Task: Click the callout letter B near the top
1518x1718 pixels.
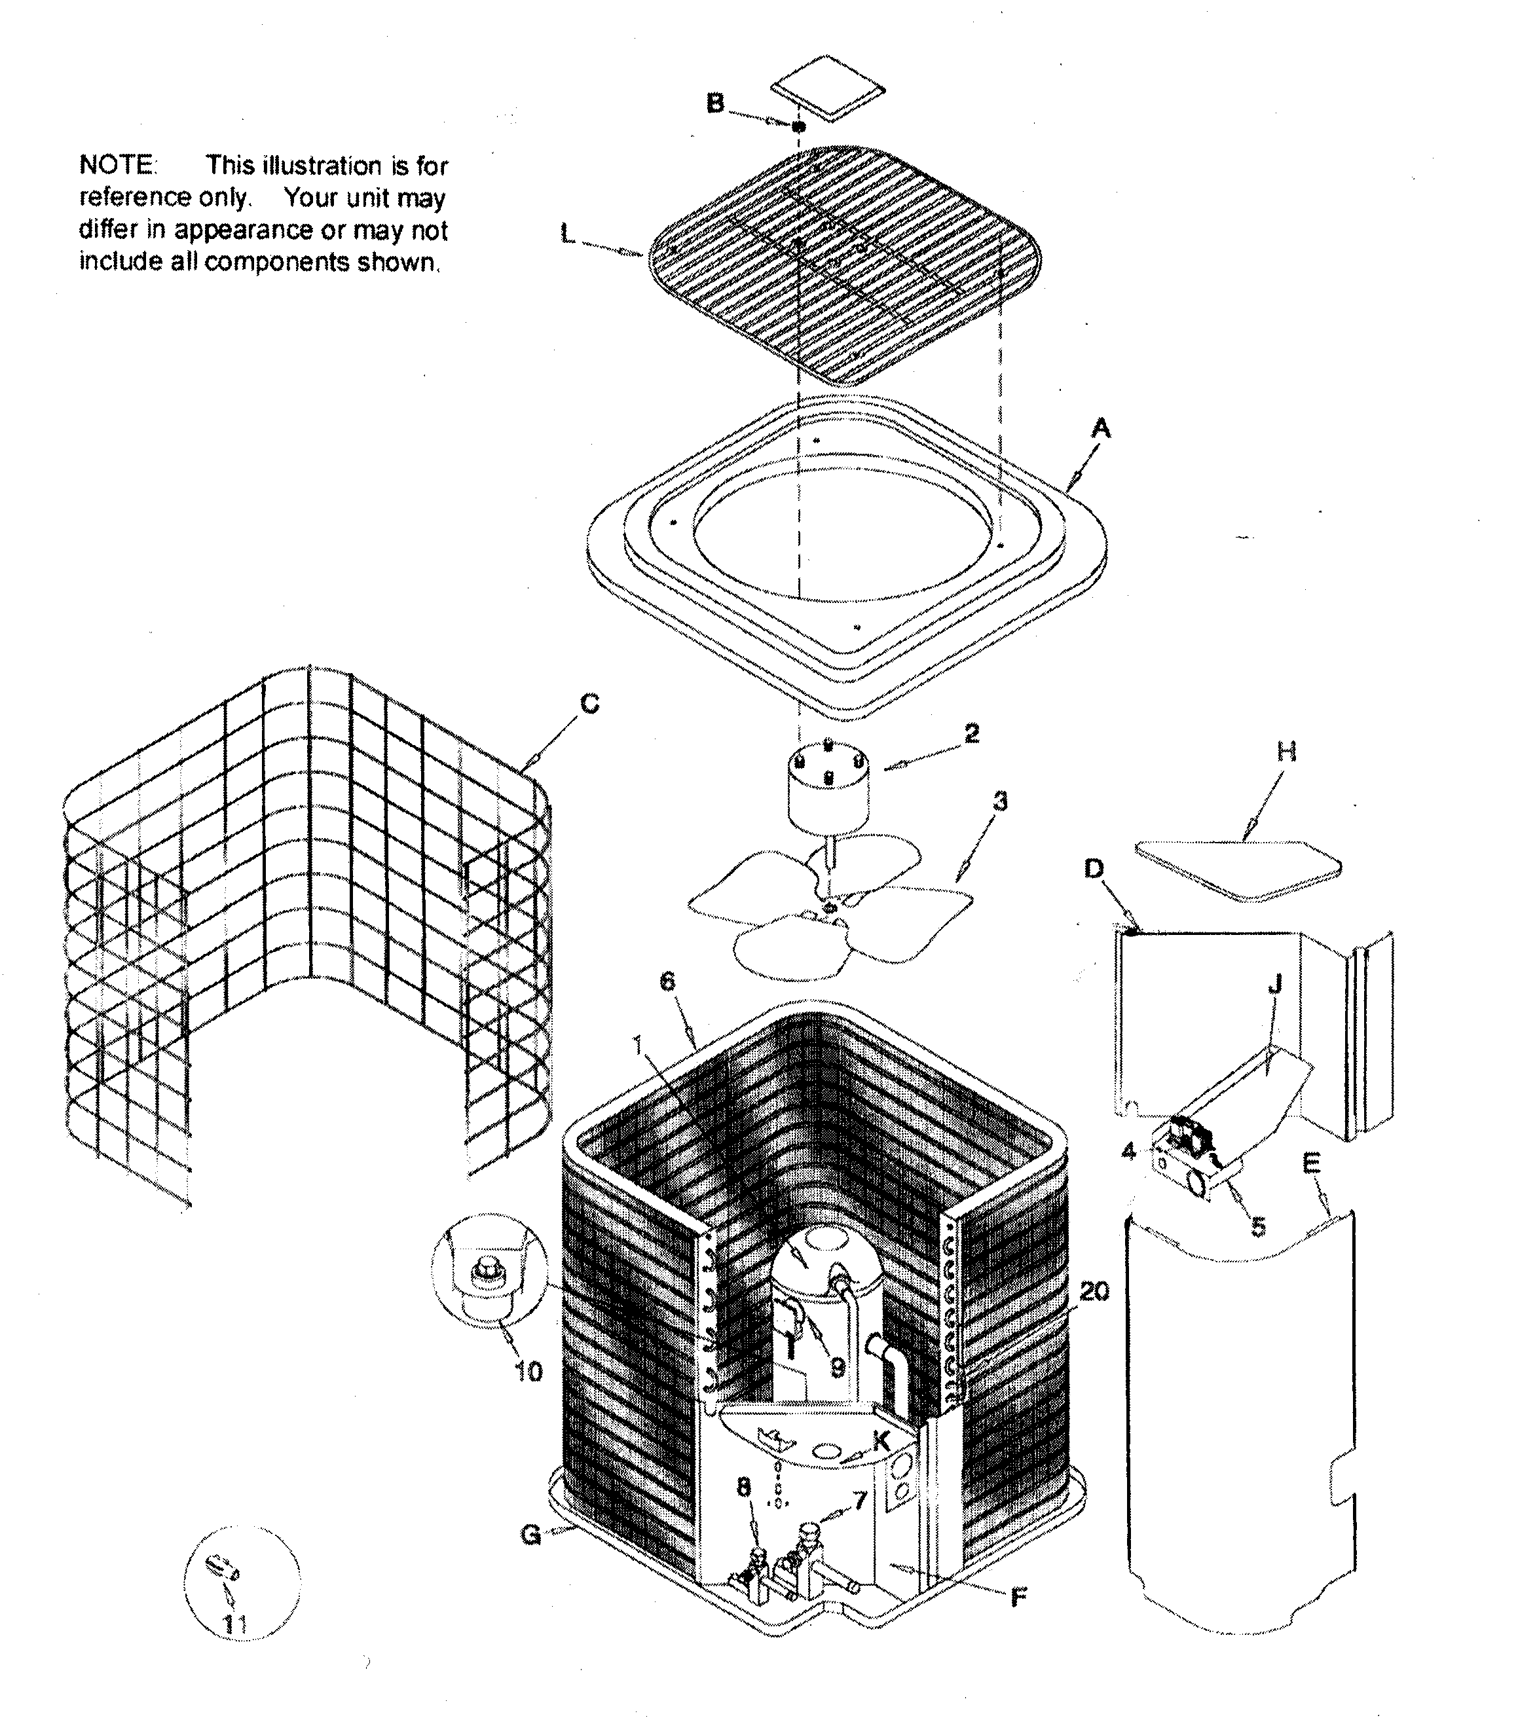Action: pyautogui.click(x=714, y=103)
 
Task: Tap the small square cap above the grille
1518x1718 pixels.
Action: pyautogui.click(x=829, y=88)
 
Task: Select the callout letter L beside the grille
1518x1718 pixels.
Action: pyautogui.click(x=569, y=235)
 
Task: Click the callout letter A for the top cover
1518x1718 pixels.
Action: pyautogui.click(x=1100, y=430)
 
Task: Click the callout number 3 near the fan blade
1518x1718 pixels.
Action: pyautogui.click(x=999, y=802)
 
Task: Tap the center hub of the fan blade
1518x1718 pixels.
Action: pyautogui.click(x=830, y=906)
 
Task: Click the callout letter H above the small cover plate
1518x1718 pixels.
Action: pyautogui.click(x=1287, y=752)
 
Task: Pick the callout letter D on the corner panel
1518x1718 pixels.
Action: pyautogui.click(x=1094, y=868)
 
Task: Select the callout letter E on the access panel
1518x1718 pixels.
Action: pyautogui.click(x=1311, y=1163)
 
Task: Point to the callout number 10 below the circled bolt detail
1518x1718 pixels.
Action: pyautogui.click(x=528, y=1372)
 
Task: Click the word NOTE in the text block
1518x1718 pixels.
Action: pyautogui.click(x=117, y=165)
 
